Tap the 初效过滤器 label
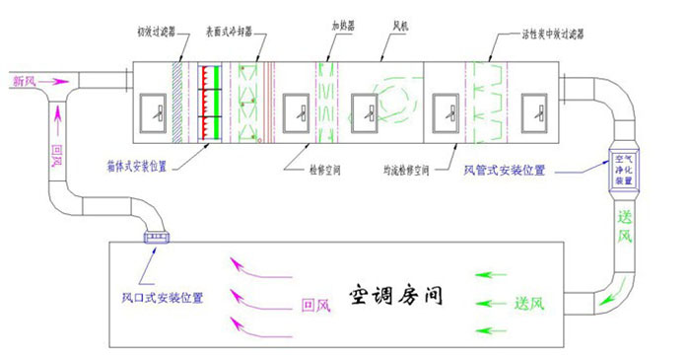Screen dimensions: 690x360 tap(160, 32)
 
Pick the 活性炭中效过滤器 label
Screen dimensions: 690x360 tap(552, 33)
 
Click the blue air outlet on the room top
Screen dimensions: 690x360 tap(158, 237)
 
